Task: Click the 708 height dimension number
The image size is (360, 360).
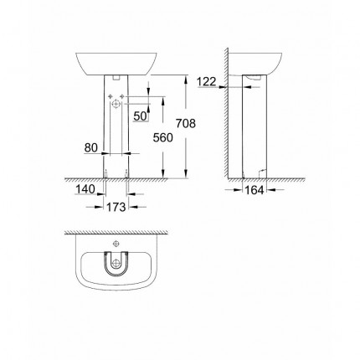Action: tap(187, 123)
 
